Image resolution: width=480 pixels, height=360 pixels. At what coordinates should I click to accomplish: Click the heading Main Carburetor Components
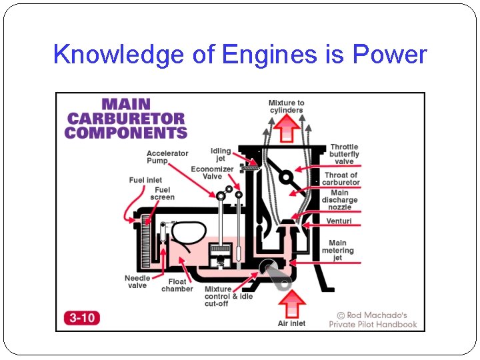pyautogui.click(x=125, y=119)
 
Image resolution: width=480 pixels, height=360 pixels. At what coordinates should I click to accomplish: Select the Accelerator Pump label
pyautogui.click(x=167, y=157)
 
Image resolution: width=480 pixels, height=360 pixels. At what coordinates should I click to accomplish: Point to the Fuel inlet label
pyautogui.click(x=145, y=180)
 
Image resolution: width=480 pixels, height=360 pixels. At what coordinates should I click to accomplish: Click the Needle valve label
pyautogui.click(x=137, y=282)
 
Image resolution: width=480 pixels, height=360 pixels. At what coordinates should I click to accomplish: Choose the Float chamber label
pyautogui.click(x=177, y=285)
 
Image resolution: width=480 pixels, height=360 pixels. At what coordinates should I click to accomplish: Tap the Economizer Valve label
pyautogui.click(x=212, y=173)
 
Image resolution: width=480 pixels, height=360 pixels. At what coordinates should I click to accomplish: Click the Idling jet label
pyautogui.click(x=221, y=155)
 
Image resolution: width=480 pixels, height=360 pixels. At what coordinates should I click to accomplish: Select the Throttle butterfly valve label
pyautogui.click(x=344, y=154)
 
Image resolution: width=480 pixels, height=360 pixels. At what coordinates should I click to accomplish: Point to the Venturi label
pyautogui.click(x=339, y=221)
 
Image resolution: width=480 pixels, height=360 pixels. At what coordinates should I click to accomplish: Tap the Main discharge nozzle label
pyautogui.click(x=339, y=200)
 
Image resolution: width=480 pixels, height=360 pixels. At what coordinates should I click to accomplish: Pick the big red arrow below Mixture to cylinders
pyautogui.click(x=287, y=127)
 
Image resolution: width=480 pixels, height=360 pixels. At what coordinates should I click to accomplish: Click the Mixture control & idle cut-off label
pyautogui.click(x=228, y=297)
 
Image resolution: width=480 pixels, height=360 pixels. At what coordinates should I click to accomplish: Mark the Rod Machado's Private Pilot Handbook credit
pyautogui.click(x=373, y=319)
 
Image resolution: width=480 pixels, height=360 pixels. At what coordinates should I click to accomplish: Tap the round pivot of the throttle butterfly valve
pyautogui.click(x=285, y=177)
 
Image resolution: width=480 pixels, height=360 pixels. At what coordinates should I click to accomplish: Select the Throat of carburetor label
pyautogui.click(x=341, y=179)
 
